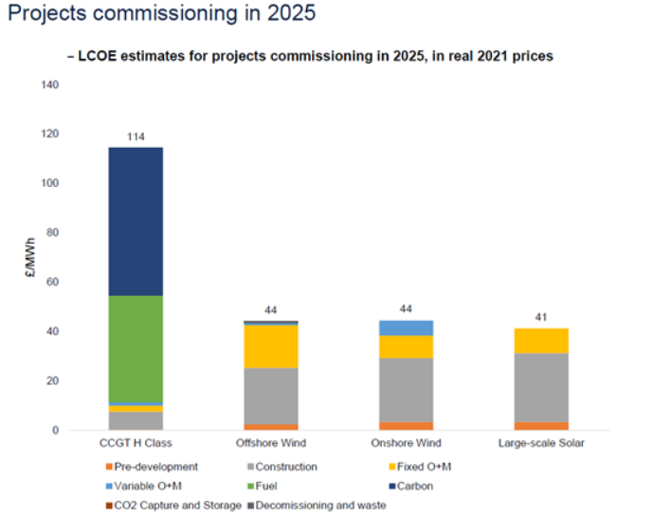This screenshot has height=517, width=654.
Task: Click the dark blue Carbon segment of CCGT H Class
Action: (x=135, y=221)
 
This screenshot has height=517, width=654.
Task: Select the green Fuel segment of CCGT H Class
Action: (x=135, y=349)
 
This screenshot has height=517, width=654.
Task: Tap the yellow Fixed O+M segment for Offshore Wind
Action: (x=270, y=346)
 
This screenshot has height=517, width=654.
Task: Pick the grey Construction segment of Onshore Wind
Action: (x=406, y=390)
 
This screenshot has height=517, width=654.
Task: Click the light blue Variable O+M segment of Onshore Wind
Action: (x=406, y=328)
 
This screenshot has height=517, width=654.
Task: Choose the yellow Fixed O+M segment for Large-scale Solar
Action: (x=541, y=341)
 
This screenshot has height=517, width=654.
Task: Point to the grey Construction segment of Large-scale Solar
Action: (x=541, y=388)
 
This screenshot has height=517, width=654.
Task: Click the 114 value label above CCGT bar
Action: (x=135, y=138)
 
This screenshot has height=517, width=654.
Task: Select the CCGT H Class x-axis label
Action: (x=135, y=444)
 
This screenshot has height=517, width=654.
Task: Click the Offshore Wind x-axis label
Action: (x=270, y=444)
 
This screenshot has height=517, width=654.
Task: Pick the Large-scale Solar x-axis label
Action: (x=541, y=444)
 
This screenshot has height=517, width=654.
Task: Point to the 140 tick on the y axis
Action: (x=49, y=85)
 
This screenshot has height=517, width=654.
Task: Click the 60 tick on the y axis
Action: (x=52, y=283)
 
